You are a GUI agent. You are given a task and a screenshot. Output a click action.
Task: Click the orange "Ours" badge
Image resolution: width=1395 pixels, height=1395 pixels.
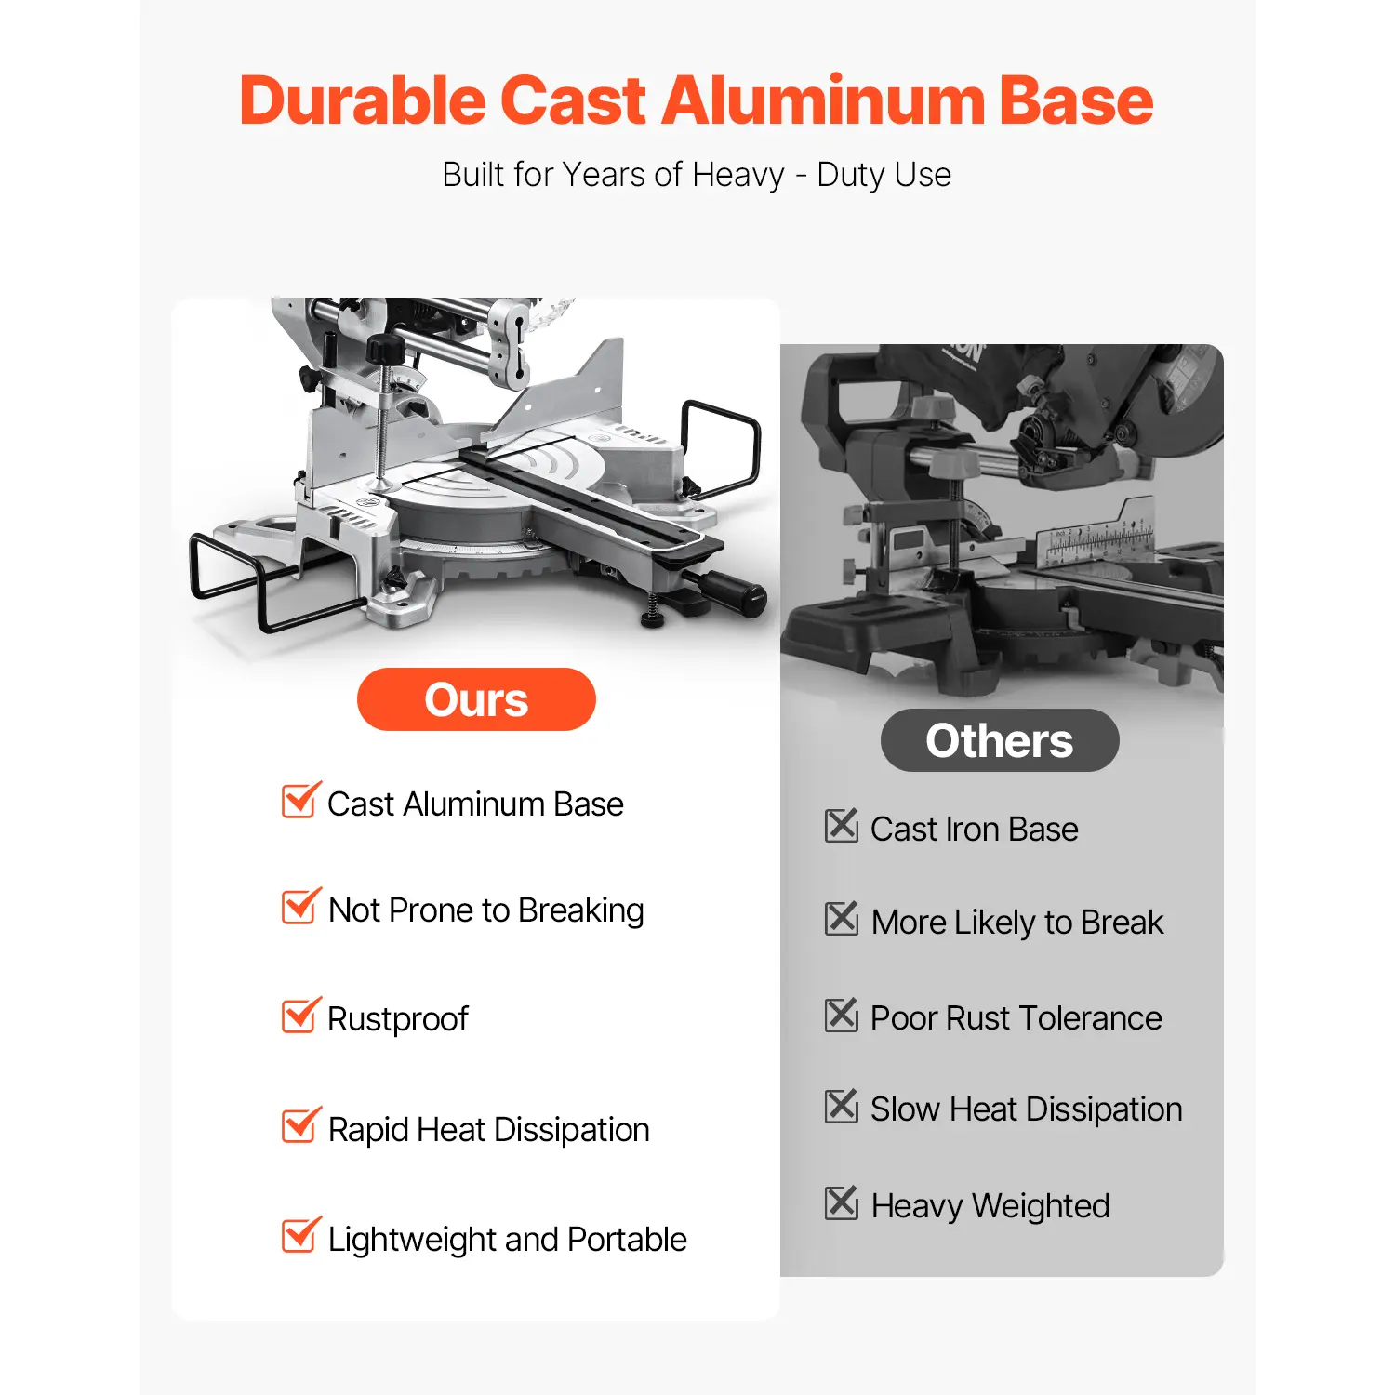pyautogui.click(x=476, y=699)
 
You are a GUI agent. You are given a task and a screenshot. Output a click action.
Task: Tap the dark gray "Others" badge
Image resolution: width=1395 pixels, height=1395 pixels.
pyautogui.click(x=1000, y=740)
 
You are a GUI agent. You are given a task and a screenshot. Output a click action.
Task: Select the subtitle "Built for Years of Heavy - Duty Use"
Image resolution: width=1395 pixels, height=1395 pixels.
pyautogui.click(x=697, y=175)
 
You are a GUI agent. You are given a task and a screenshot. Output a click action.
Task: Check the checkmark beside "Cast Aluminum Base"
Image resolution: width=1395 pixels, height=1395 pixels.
pyautogui.click(x=301, y=800)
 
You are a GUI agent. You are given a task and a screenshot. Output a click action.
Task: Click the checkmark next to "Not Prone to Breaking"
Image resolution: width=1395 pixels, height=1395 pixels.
pyautogui.click(x=301, y=907)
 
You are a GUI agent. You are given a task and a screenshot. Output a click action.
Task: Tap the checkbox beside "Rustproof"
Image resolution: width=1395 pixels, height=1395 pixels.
pyautogui.click(x=301, y=1016)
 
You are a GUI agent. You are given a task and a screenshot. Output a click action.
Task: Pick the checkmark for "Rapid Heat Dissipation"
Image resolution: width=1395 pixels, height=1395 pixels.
pyautogui.click(x=301, y=1125)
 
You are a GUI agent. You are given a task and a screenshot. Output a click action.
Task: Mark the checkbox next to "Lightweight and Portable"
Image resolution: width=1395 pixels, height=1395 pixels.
pyautogui.click(x=301, y=1235)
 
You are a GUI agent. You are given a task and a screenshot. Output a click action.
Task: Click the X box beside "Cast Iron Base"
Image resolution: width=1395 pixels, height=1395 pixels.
pyautogui.click(x=842, y=825)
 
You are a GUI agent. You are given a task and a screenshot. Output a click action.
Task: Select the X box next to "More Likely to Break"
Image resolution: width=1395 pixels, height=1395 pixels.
pyautogui.click(x=842, y=918)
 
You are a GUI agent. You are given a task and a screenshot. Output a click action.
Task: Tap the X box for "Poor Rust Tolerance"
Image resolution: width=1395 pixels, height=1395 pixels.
pyautogui.click(x=842, y=1015)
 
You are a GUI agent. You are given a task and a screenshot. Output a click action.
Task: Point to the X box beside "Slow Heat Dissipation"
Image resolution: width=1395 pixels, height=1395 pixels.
pyautogui.click(x=842, y=1106)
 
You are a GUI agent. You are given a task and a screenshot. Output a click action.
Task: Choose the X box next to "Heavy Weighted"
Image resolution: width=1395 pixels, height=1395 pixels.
pyautogui.click(x=842, y=1202)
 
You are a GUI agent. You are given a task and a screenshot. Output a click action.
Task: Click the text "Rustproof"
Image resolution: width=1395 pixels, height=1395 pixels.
pyautogui.click(x=398, y=1019)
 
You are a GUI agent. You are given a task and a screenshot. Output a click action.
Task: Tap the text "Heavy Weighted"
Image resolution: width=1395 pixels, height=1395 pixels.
pyautogui.click(x=990, y=1206)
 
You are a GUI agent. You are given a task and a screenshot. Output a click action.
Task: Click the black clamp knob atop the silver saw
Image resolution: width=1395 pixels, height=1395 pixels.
pyautogui.click(x=385, y=351)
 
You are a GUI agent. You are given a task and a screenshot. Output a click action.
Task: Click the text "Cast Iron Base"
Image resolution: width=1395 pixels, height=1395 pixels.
pyautogui.click(x=975, y=829)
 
